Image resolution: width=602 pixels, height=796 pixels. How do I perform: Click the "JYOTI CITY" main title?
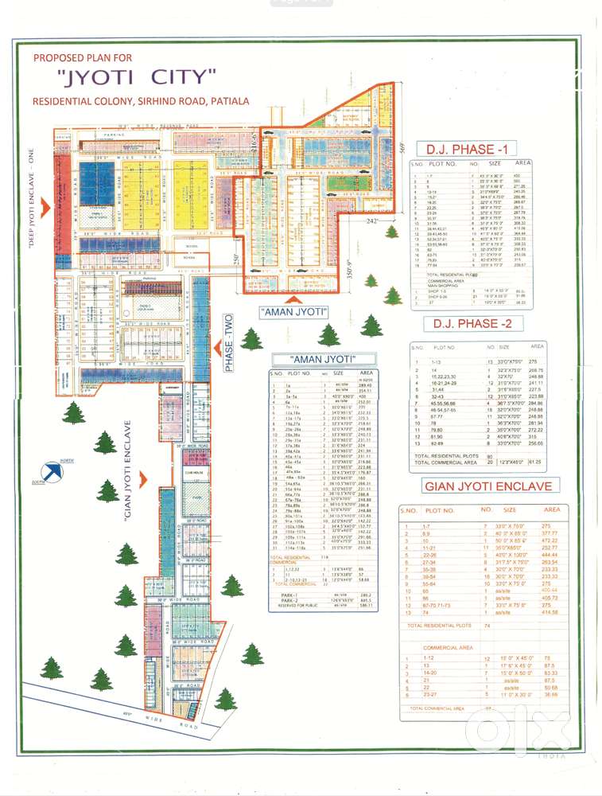pos(137,78)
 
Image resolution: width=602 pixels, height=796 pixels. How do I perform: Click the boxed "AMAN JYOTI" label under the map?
pos(293,313)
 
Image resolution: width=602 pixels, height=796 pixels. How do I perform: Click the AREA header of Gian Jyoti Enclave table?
pos(552,509)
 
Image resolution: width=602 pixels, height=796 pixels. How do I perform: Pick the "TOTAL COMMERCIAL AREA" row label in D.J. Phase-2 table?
pos(445,462)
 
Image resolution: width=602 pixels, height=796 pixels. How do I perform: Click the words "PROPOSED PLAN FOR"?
pos(83,58)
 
